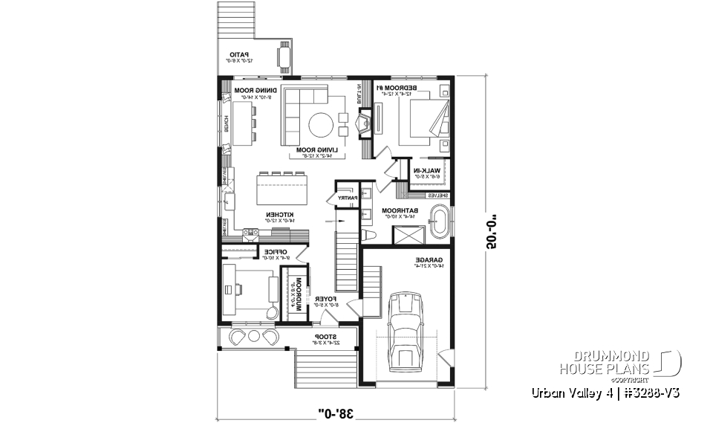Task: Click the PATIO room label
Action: click(x=238, y=56)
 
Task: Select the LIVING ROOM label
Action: click(x=317, y=152)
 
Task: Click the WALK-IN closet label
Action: click(x=428, y=173)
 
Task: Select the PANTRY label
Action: click(x=347, y=198)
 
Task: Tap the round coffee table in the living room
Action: click(x=322, y=124)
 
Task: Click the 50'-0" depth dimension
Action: click(x=491, y=233)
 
